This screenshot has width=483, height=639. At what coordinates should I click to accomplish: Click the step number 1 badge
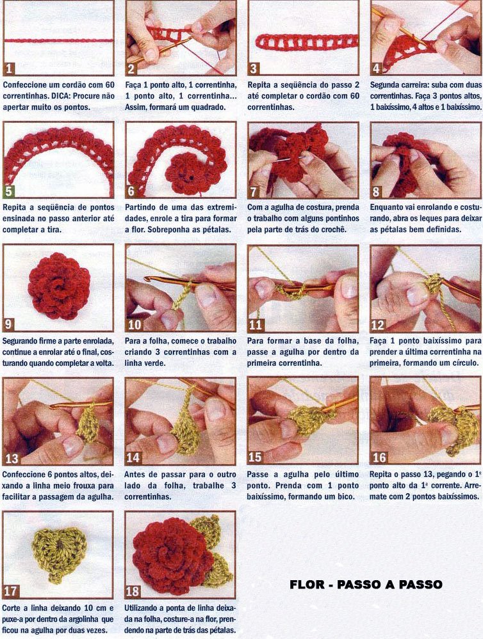[8, 68]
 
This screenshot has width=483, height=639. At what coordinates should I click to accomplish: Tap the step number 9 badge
[8, 324]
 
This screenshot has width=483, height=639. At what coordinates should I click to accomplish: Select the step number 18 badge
[133, 591]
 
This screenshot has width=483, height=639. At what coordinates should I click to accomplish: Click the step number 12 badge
[378, 325]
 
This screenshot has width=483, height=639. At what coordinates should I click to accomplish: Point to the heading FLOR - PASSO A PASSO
[366, 585]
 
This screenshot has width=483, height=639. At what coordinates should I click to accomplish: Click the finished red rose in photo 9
[59, 286]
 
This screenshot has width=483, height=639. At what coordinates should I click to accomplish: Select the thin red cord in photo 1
[58, 41]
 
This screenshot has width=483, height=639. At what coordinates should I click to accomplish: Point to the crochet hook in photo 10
[188, 283]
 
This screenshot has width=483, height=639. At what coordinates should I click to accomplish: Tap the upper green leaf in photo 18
[207, 530]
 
